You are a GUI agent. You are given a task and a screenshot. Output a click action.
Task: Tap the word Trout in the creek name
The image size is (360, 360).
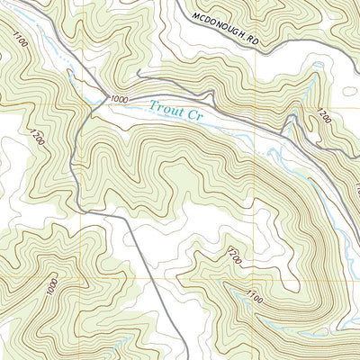(168, 108)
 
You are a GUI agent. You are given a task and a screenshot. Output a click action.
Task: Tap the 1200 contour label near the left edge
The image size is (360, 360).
(36, 139)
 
